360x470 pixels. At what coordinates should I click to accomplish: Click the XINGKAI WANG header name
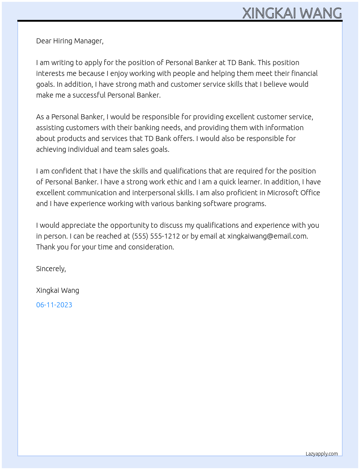292,13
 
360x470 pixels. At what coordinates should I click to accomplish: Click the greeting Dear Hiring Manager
70,41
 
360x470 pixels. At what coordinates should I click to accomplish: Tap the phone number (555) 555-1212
156,236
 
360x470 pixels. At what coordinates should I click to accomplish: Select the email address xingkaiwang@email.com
267,236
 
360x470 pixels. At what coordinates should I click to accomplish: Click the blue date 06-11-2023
54,305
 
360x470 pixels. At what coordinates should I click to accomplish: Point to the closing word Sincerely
51,269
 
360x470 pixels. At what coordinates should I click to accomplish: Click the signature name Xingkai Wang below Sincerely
57,290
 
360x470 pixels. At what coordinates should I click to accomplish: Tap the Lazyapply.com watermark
322,454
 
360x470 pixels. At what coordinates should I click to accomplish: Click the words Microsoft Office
293,193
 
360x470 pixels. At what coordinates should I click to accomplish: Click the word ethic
175,182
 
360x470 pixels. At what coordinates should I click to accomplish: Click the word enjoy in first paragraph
119,73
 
